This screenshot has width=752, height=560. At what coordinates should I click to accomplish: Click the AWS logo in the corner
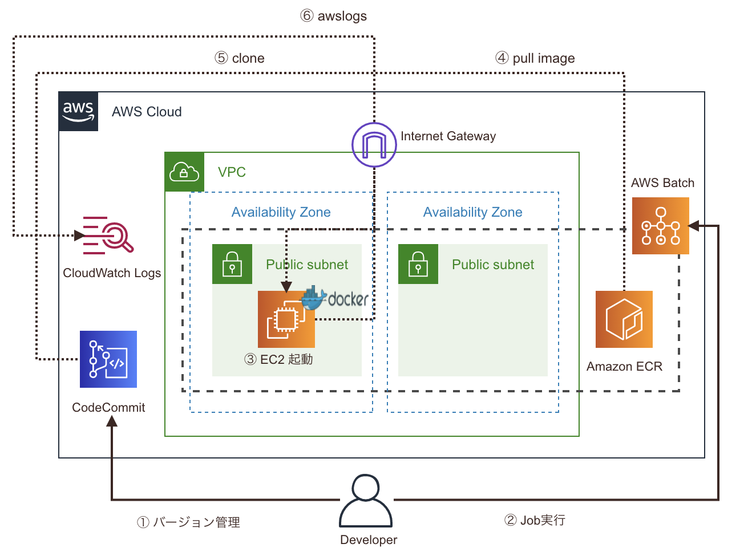[78, 111]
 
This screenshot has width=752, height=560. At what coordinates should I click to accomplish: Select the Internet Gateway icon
[374, 145]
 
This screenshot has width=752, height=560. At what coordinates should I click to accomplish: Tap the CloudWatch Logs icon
[108, 235]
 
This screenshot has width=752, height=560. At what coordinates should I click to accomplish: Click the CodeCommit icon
[108, 359]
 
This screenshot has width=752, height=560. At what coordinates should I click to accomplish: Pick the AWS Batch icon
[660, 226]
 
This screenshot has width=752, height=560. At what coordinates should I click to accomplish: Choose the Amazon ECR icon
[624, 319]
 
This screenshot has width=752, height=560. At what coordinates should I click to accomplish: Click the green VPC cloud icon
[184, 172]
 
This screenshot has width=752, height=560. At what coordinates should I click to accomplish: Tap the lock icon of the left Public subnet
[232, 264]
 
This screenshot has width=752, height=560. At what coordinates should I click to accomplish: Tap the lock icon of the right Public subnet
[418, 264]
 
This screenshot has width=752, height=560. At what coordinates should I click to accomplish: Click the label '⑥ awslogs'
[334, 16]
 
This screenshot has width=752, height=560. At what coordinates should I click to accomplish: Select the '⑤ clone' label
[240, 58]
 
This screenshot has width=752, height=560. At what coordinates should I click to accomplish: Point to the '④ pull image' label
[535, 58]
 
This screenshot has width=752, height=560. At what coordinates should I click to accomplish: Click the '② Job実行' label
[535, 520]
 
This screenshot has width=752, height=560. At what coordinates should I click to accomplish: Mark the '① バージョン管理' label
[188, 522]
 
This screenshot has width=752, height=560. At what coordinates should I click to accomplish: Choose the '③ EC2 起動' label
[278, 359]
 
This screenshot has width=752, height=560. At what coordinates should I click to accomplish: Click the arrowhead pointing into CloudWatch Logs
[79, 235]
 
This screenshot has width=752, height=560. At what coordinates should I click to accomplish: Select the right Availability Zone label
[472, 212]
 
